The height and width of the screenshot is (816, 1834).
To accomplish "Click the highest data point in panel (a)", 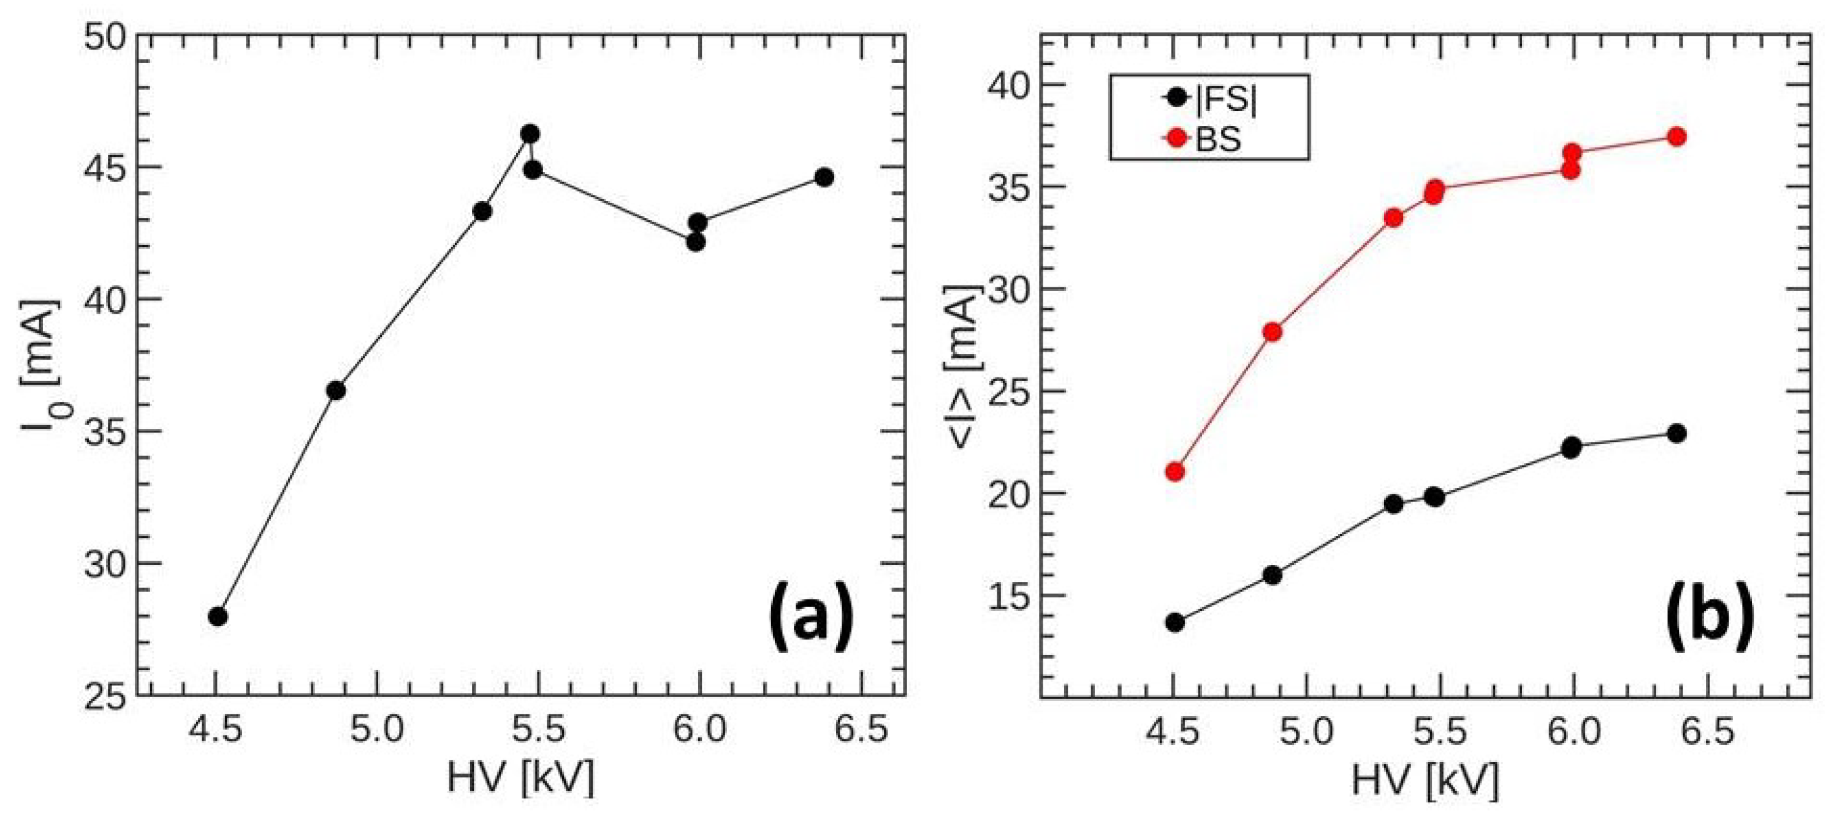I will click(x=529, y=134).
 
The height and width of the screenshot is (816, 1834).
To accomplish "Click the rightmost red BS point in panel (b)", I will click(x=1676, y=137).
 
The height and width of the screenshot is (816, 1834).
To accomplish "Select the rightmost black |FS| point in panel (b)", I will click(x=1676, y=434).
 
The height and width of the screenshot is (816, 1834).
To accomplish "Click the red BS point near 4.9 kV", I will click(x=1273, y=331).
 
